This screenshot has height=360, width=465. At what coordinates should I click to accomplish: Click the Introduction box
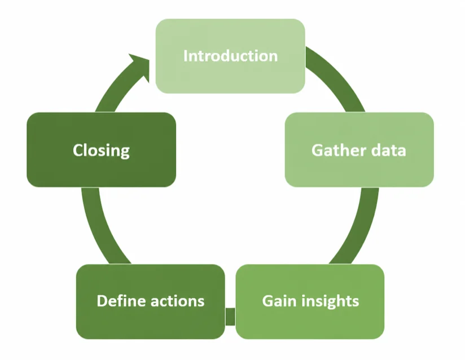click(x=230, y=56)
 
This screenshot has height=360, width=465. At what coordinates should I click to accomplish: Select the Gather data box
click(x=359, y=150)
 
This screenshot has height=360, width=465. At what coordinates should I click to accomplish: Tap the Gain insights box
click(x=310, y=301)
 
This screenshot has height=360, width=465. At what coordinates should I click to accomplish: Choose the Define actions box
click(x=151, y=301)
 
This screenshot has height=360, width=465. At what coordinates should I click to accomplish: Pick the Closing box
click(x=102, y=150)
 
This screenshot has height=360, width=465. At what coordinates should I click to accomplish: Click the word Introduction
click(x=230, y=56)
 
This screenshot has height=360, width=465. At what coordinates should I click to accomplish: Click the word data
click(x=388, y=150)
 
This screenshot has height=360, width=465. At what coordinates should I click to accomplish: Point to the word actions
click(x=178, y=301)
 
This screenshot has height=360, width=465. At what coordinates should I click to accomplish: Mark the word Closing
click(x=102, y=151)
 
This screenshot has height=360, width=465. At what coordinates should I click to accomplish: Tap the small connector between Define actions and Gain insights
click(x=230, y=317)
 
